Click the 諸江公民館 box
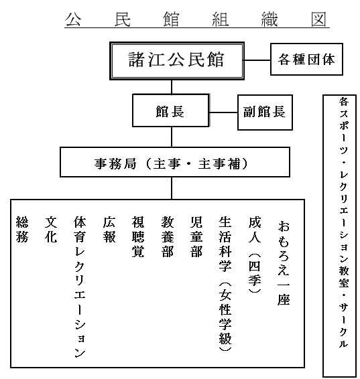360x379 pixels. click(177, 61)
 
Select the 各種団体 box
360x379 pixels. click(306, 59)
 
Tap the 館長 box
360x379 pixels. click(170, 110)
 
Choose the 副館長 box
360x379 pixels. click(265, 112)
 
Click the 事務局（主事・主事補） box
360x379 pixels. click(175, 162)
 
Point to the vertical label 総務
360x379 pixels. click(22, 230)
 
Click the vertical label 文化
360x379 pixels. click(51, 230)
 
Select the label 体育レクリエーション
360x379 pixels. click(80, 287)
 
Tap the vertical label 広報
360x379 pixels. click(109, 230)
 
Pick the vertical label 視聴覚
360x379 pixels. click(138, 236)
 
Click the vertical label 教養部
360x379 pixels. click(168, 236)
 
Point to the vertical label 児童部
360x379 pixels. click(196, 236)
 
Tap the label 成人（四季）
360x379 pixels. click(255, 254)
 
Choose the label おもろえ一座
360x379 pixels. click(284, 263)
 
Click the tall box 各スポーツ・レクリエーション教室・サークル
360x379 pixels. click(340, 236)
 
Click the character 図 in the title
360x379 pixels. click(318, 19)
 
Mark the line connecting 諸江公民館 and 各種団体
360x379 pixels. click(257, 60)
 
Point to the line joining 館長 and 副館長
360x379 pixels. click(223, 112)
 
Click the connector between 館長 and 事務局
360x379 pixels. click(172, 137)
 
